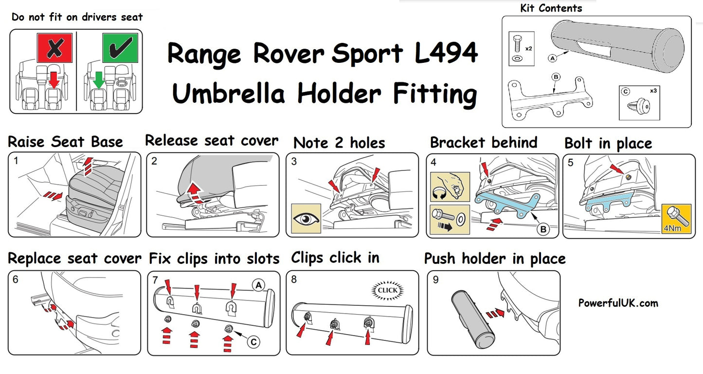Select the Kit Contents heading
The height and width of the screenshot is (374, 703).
(551, 8)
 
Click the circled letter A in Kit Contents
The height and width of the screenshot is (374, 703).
(552, 57)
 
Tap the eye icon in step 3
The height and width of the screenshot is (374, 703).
(306, 218)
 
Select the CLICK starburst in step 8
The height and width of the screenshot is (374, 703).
(387, 291)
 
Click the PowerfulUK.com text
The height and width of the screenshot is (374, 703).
(618, 303)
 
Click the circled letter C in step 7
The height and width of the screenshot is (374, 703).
(253, 342)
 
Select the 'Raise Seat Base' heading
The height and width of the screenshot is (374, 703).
(66, 142)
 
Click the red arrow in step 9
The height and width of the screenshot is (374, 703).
(495, 313)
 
